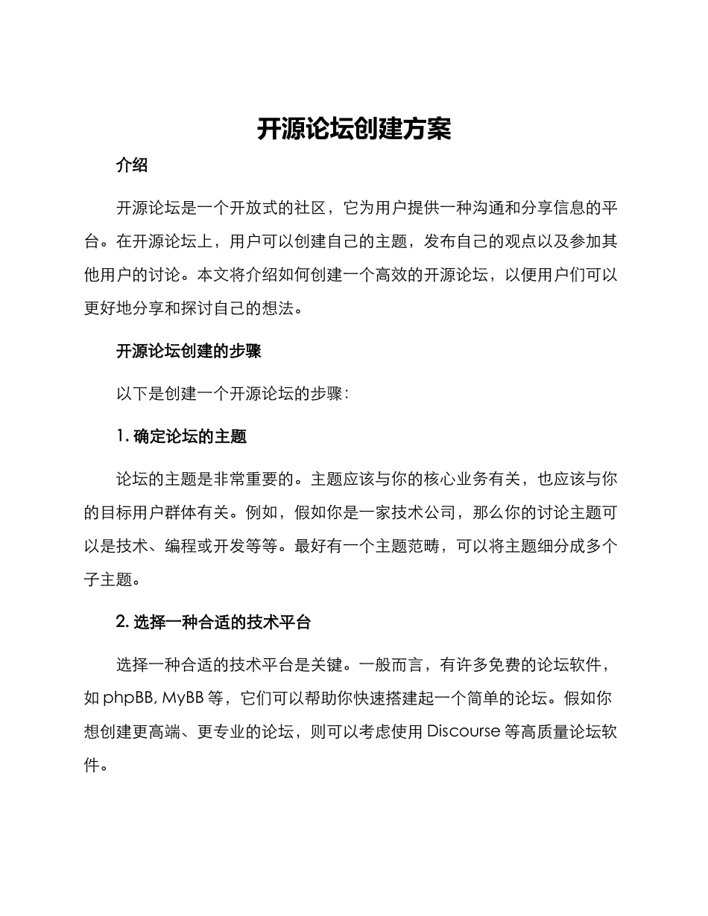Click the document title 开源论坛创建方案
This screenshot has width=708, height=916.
pyautogui.click(x=354, y=129)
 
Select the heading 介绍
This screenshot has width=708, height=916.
pyautogui.click(x=132, y=166)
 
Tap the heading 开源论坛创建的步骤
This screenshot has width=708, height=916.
pyautogui.click(x=189, y=352)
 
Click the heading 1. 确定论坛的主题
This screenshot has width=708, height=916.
pyautogui.click(x=182, y=436)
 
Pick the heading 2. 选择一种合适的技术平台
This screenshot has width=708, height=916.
pyautogui.click(x=214, y=623)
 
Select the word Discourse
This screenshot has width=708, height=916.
pyautogui.click(x=463, y=731)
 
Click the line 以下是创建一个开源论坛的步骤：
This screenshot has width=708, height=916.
pyautogui.click(x=232, y=394)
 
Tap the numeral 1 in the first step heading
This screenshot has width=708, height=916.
pyautogui.click(x=121, y=436)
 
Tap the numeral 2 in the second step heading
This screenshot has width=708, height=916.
pyautogui.click(x=122, y=623)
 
